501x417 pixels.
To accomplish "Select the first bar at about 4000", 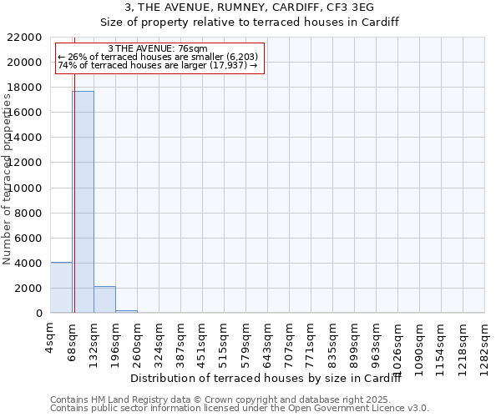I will coord(61,288).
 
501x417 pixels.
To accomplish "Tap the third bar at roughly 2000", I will coord(104,299).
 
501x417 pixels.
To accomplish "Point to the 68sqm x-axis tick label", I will coord(73,340).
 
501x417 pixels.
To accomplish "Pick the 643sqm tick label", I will coord(268,344).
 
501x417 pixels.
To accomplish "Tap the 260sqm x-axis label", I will coord(138,344).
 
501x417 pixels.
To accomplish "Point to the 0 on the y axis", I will coord(38,314).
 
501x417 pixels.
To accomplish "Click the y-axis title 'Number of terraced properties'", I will coord(8,178).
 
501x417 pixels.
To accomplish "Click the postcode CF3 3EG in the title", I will coord(350,7).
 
